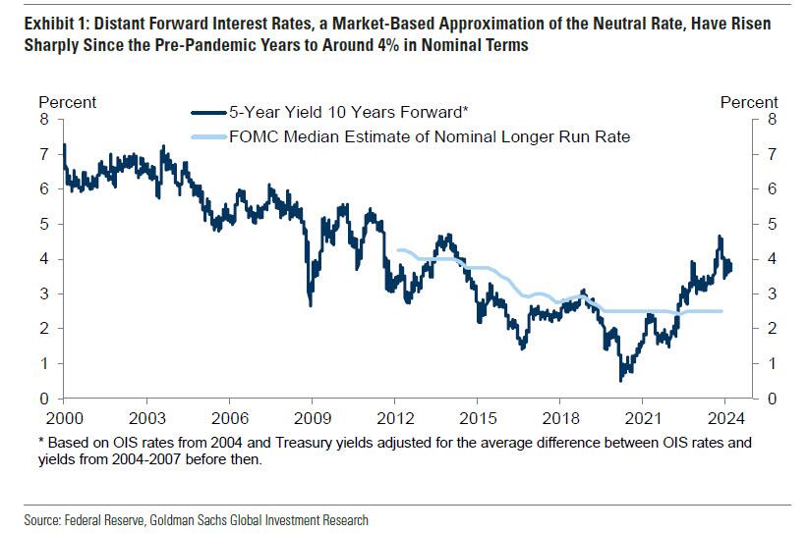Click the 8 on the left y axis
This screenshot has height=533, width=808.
click(43, 120)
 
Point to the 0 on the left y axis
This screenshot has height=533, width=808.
click(43, 399)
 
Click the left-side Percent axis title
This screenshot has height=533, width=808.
click(67, 102)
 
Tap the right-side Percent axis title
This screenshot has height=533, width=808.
click(749, 102)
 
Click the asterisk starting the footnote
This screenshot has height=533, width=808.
click(42, 441)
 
